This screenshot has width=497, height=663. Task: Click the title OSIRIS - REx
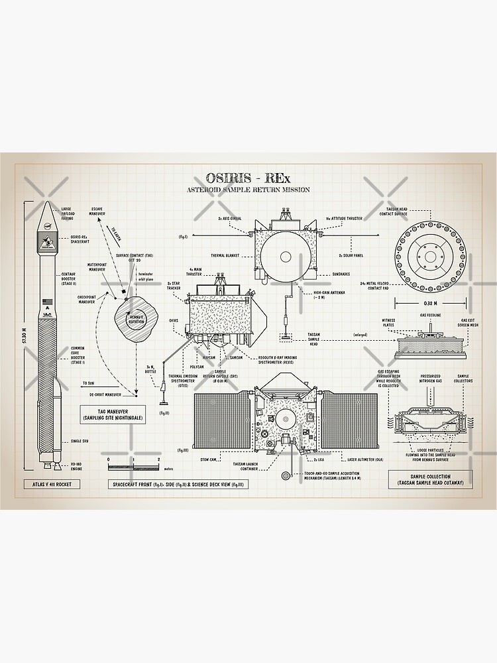pyautogui.click(x=248, y=178)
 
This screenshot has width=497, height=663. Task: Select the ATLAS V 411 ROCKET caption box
pyautogui.click(x=52, y=484)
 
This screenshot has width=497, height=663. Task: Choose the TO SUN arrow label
pyautogui.click(x=87, y=383)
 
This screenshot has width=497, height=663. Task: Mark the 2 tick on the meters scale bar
pyautogui.click(x=158, y=459)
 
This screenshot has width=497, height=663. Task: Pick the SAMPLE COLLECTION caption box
pyautogui.click(x=431, y=479)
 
